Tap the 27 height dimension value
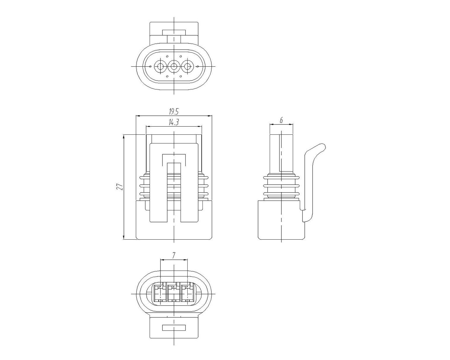pos(120,187)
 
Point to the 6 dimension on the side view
pos(281,120)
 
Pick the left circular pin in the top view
pos(160,67)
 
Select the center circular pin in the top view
pos(174,67)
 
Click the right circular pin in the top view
pos(187,67)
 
